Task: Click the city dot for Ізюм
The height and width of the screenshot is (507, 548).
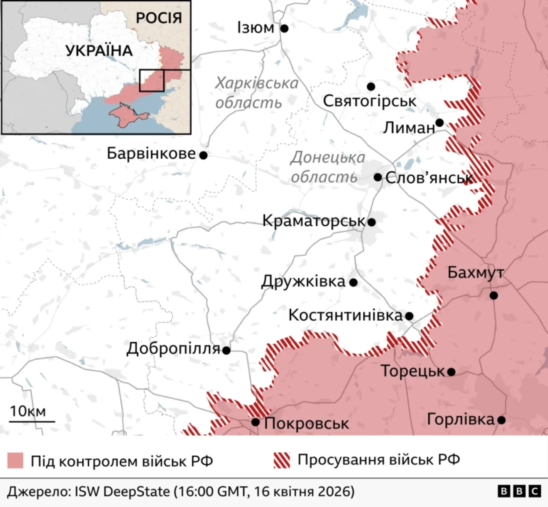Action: [x=284, y=29]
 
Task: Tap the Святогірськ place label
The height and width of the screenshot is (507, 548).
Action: [x=369, y=101]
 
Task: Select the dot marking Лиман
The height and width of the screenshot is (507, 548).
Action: [x=439, y=123]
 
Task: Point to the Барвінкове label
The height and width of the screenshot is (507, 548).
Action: [x=151, y=153]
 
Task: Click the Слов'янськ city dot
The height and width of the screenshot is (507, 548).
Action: [x=378, y=177]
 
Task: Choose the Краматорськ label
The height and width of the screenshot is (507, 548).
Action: [x=313, y=221]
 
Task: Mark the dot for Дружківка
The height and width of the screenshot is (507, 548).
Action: [x=353, y=283]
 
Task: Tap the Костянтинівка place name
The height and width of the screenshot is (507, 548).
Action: [x=345, y=316]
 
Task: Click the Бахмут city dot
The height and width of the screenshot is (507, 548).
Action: [x=494, y=295]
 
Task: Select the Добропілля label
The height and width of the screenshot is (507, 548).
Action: [x=173, y=349]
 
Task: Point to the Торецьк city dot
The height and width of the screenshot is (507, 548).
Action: [x=451, y=372]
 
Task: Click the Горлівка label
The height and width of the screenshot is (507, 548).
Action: [x=461, y=420]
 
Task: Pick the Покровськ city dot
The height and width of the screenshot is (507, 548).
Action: [x=256, y=422]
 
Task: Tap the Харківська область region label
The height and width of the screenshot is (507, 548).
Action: [x=256, y=93]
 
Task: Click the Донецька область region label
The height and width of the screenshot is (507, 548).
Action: [x=328, y=167]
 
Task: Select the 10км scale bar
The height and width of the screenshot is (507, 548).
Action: [x=32, y=421]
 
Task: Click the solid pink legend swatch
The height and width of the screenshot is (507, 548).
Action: [x=15, y=460]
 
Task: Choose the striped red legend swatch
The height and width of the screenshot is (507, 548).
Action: [x=281, y=460]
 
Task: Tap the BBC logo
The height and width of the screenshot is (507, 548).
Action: [x=519, y=492]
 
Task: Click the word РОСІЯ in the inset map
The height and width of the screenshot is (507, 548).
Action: [x=159, y=18]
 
